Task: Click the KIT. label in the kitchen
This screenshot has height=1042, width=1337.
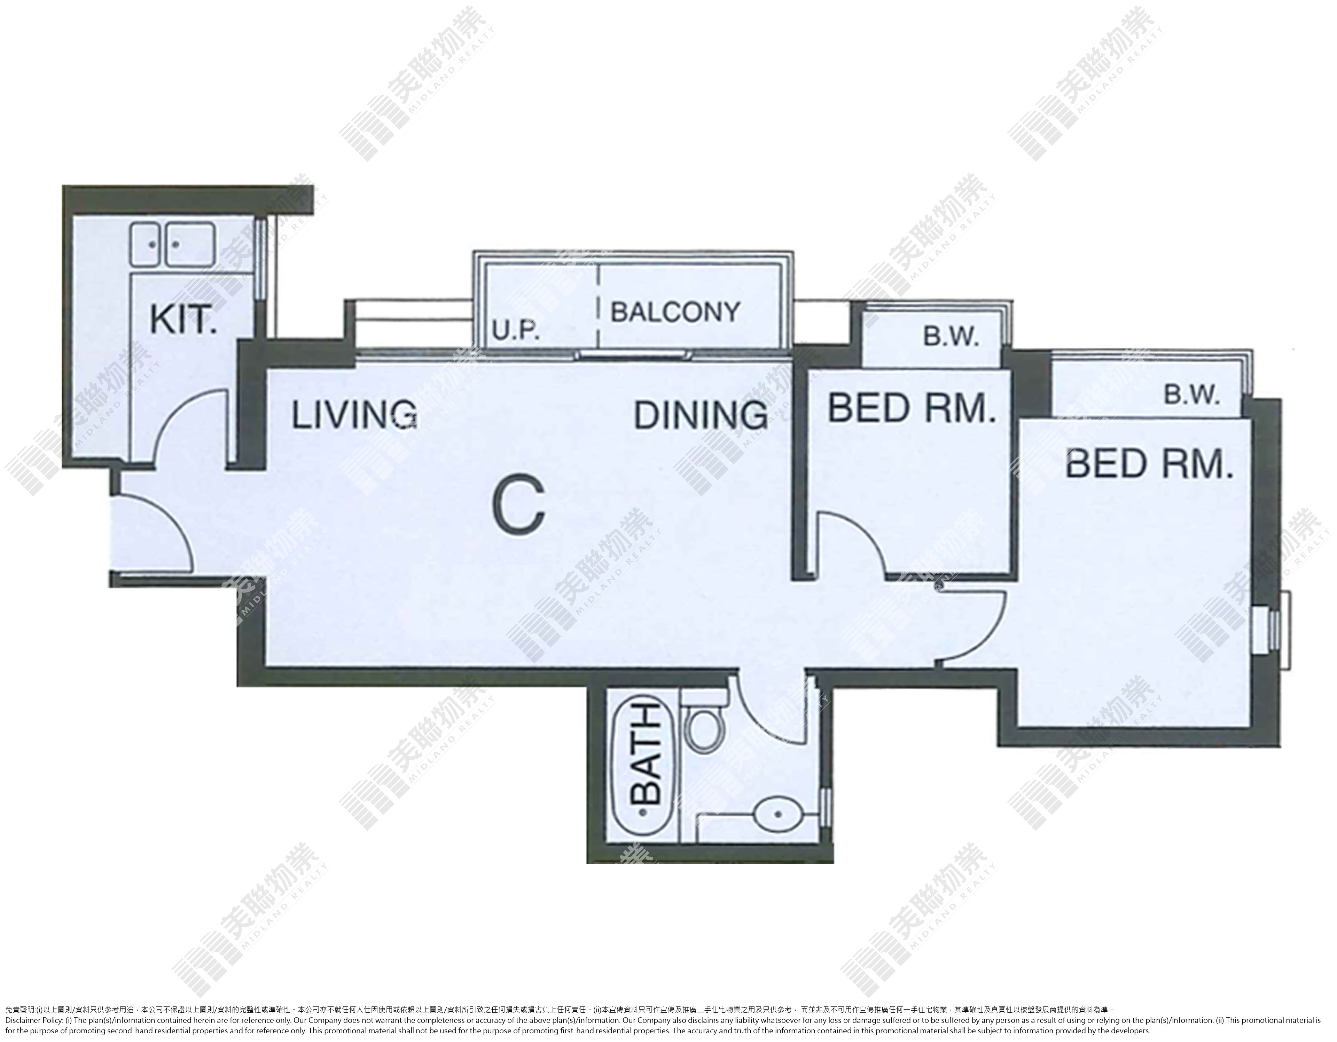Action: pos(183,320)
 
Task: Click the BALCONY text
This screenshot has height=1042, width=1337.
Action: pos(675,312)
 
